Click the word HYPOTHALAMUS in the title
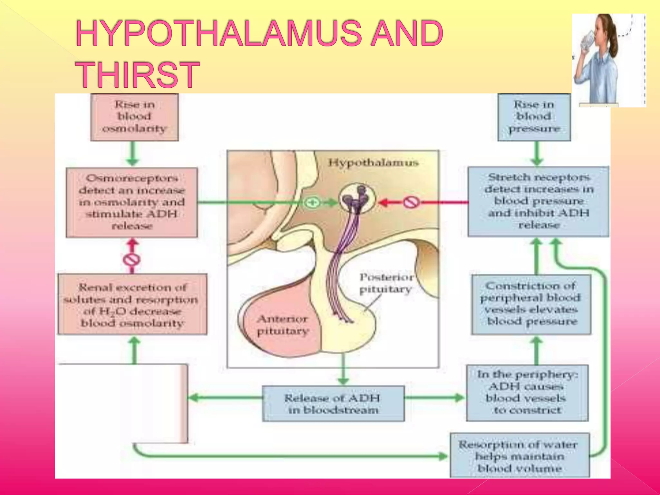pos(222,33)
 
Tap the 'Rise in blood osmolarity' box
pos(134,117)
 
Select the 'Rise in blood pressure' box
pos(534,117)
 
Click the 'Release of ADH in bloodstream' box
pos(333,403)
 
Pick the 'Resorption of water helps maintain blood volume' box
pos(519,456)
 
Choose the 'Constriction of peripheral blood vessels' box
pos(531,304)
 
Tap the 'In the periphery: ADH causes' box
pos(527,392)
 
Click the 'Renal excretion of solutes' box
pos(132,305)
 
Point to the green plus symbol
pos(312,203)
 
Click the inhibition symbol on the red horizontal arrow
pos(412,202)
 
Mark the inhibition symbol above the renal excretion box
pos(131,259)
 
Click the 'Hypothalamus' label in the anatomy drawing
pos(373,162)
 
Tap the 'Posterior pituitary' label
pos(386,283)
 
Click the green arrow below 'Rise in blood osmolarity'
pos(132,154)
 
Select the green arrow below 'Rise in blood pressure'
pos(537,154)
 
